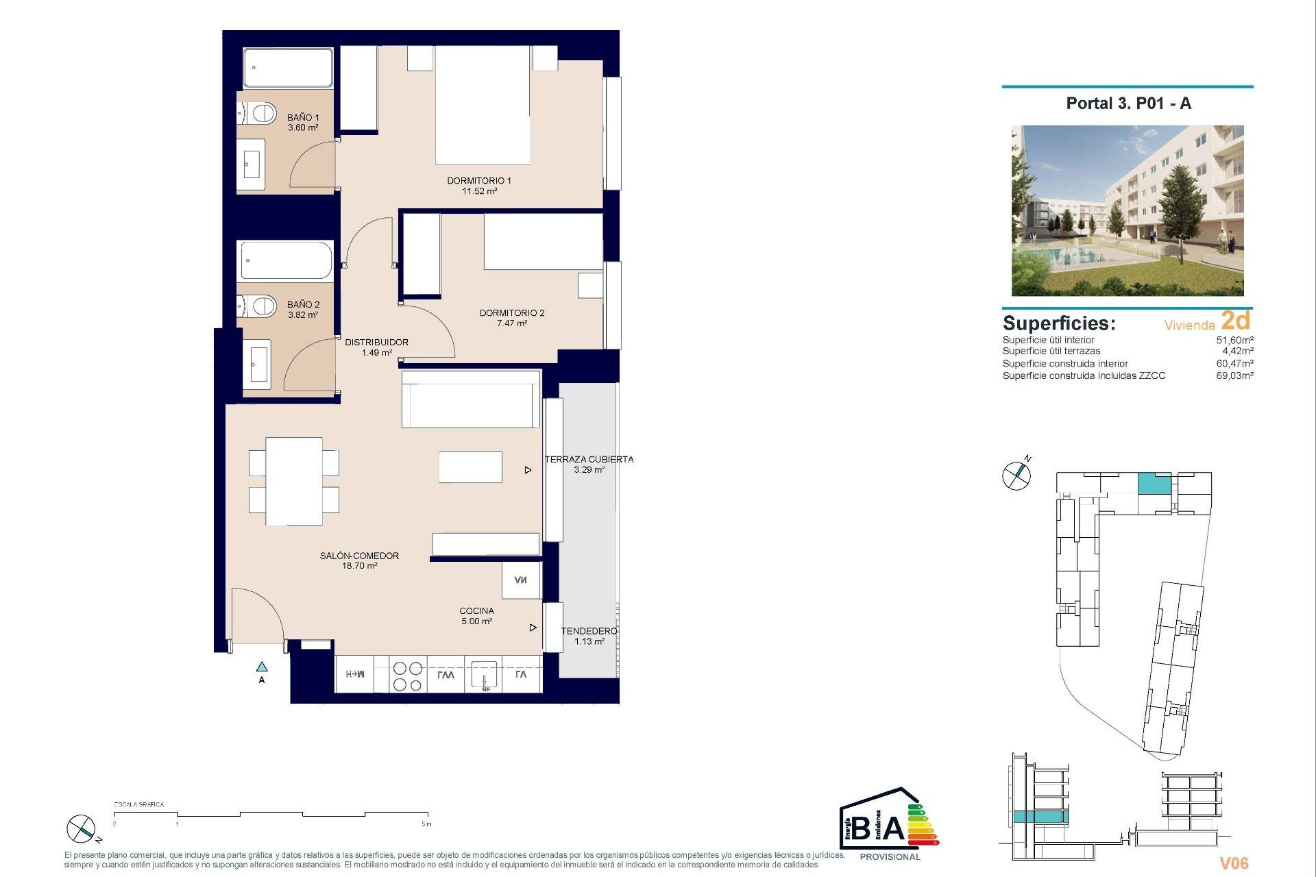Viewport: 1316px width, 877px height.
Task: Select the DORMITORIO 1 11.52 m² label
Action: click(479, 186)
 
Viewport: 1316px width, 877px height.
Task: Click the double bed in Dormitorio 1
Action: click(483, 104)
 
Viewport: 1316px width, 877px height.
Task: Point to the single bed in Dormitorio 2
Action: click(543, 241)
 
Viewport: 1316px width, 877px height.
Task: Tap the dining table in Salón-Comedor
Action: click(294, 481)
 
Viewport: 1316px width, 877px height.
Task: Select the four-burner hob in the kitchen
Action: click(407, 675)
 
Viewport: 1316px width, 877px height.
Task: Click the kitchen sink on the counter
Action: click(484, 675)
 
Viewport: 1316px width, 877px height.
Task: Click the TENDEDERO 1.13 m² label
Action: click(589, 636)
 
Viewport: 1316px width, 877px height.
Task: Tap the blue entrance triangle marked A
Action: click(262, 667)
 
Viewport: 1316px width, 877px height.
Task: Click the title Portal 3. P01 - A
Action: click(1128, 103)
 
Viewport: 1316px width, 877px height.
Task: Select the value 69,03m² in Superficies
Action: click(1234, 375)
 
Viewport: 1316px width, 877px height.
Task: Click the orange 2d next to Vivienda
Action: click(1236, 321)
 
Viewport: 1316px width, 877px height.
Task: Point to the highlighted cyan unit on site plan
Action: click(1154, 484)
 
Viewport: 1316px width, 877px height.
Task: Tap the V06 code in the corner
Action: click(1234, 863)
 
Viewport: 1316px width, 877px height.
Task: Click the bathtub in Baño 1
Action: click(288, 67)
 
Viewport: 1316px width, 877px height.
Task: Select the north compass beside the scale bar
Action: click(81, 829)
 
